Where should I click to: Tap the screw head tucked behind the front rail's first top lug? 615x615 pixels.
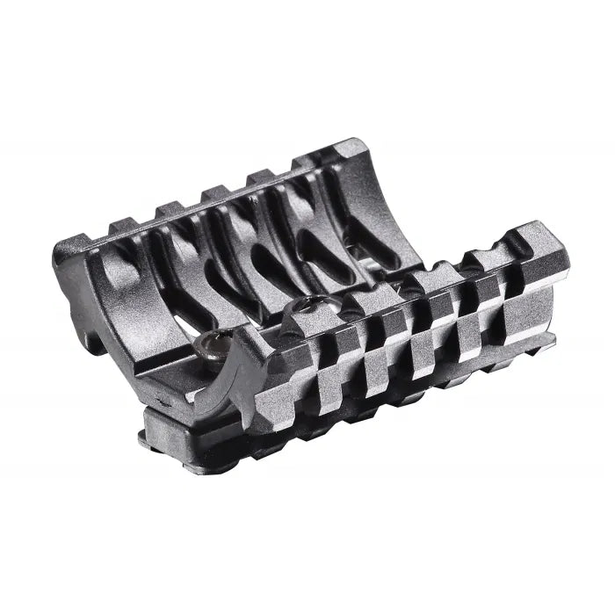click(x=307, y=305)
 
